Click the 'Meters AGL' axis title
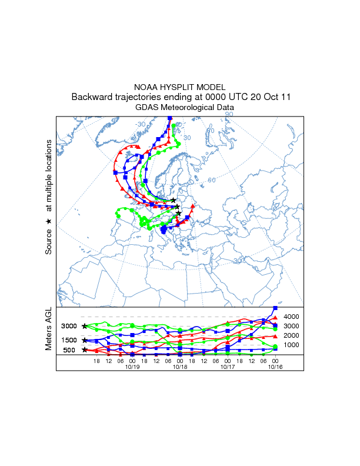pos(49,330)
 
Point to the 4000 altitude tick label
pos(292,317)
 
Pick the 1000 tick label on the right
pos(292,345)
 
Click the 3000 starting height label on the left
pos(69,326)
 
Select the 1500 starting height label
pos(69,340)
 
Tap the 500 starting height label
pos(69,350)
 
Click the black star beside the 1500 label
pos(85,340)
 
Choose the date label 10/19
pos(132,367)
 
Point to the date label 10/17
pos(228,367)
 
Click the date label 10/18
pos(180,367)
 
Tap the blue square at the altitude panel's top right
pos(275,308)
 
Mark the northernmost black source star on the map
pos(174,200)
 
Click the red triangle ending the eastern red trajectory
pos(192,206)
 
